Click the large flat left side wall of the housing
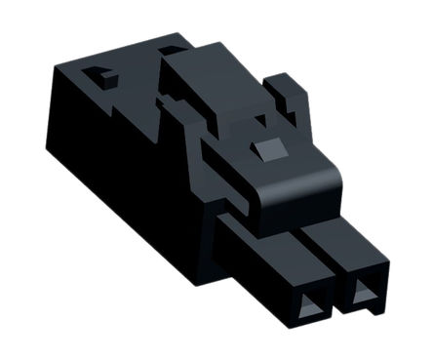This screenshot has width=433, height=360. (x=117, y=185)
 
